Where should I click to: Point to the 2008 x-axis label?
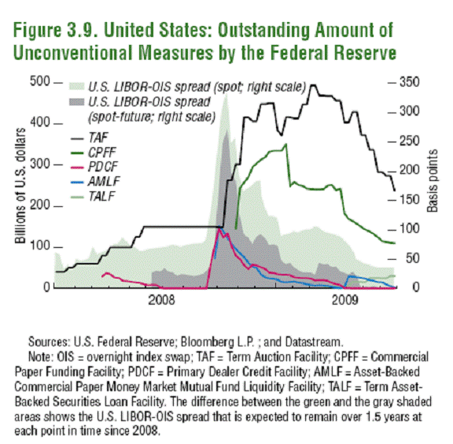coord(161,300)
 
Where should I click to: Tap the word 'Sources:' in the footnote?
coord(48,342)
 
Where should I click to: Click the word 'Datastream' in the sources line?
coord(315,342)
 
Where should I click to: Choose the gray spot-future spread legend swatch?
coord(77,103)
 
